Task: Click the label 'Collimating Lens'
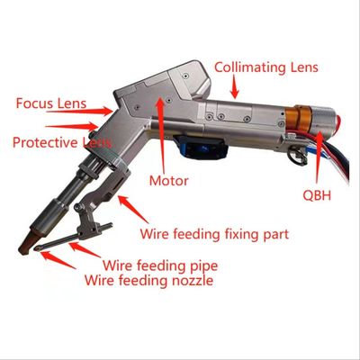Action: point(266,67)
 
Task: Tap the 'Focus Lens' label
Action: point(51,103)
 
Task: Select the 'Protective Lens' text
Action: point(62,142)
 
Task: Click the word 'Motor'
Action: point(169,181)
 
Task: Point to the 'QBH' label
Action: point(317,195)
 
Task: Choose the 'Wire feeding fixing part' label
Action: point(214,234)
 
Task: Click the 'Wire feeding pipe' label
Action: point(160,265)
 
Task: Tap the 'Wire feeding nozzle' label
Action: point(149,281)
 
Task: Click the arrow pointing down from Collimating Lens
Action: point(235,86)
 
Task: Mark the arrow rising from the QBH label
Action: point(318,157)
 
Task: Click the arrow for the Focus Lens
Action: point(79,111)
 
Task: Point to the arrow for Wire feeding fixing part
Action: point(133,209)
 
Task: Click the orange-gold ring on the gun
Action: point(302,119)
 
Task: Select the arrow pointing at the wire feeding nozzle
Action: point(58,260)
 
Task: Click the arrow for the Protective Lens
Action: point(72,126)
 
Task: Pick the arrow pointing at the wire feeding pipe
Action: point(85,250)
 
